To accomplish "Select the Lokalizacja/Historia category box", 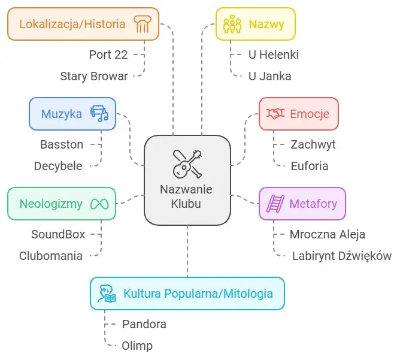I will coord(83,24).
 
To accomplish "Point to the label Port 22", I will coord(108,55).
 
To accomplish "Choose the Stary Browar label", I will coord(94,76).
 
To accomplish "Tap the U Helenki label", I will coord(273,55).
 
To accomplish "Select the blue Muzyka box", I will coord(72,114).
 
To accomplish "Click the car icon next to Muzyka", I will coord(99,114).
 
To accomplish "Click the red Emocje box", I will coord(298,114).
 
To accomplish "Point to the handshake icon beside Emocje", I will coord(275,114).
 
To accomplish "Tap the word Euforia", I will coord(309,166).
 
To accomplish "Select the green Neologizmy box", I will coord(61,204).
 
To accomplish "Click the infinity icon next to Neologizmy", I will coord(99,204).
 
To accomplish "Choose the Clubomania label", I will coord(51,256).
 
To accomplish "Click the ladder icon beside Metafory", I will coord(275,204).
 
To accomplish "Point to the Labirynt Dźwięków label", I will coord(342,256).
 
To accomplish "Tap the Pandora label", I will coord(144,324).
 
